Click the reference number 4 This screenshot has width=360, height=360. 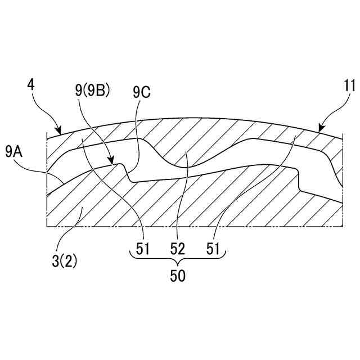click(30, 85)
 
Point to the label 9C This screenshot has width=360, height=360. click(141, 92)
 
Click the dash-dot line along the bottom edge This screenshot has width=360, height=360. click(191, 226)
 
